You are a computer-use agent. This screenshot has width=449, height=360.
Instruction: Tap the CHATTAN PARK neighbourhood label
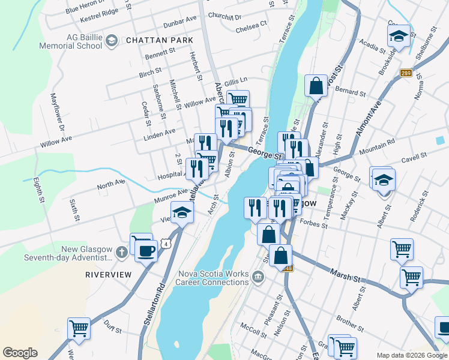(x=159, y=40)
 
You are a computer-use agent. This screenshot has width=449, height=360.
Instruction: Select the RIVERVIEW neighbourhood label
(x=108, y=274)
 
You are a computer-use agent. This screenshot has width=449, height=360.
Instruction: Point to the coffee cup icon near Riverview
(x=146, y=250)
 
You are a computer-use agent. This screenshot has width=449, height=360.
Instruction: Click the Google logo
(x=20, y=353)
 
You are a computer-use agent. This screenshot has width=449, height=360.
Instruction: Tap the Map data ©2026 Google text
(x=411, y=355)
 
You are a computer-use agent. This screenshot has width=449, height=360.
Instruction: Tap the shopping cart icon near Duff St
(x=79, y=328)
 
